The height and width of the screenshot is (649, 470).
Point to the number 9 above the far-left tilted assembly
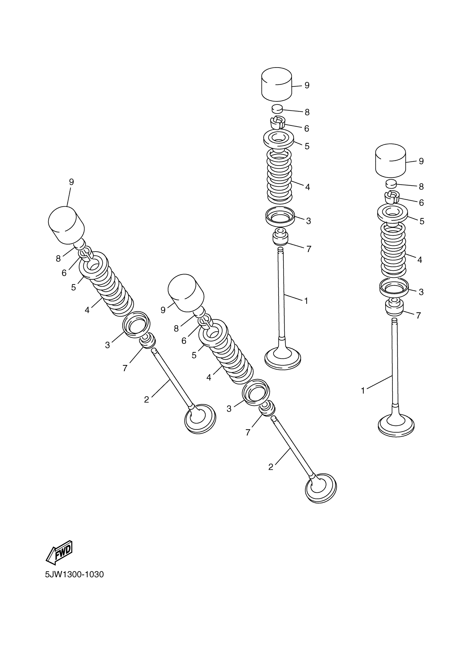71,182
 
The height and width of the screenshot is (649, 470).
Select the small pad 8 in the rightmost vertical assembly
391,184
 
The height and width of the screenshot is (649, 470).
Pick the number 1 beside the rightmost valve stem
363,390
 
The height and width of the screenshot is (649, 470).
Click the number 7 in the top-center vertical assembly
309,249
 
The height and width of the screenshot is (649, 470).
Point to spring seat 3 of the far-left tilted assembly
137,323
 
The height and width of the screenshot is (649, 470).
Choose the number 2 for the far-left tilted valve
147,400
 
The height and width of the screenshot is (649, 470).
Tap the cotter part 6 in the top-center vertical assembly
277,122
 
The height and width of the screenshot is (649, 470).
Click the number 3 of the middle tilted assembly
229,409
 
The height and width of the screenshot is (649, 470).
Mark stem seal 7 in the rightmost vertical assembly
395,307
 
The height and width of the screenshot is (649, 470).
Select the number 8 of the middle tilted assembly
176,329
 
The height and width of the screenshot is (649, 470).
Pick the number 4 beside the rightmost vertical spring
420,260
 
